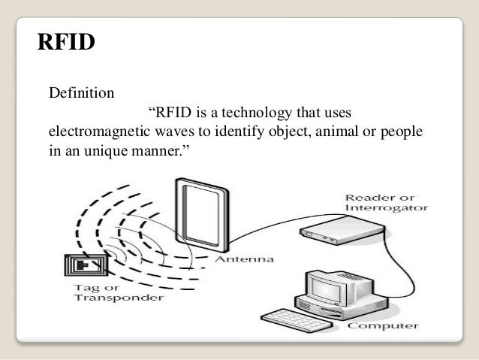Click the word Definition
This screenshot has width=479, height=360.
point(82,95)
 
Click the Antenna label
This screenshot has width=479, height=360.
point(246,261)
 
